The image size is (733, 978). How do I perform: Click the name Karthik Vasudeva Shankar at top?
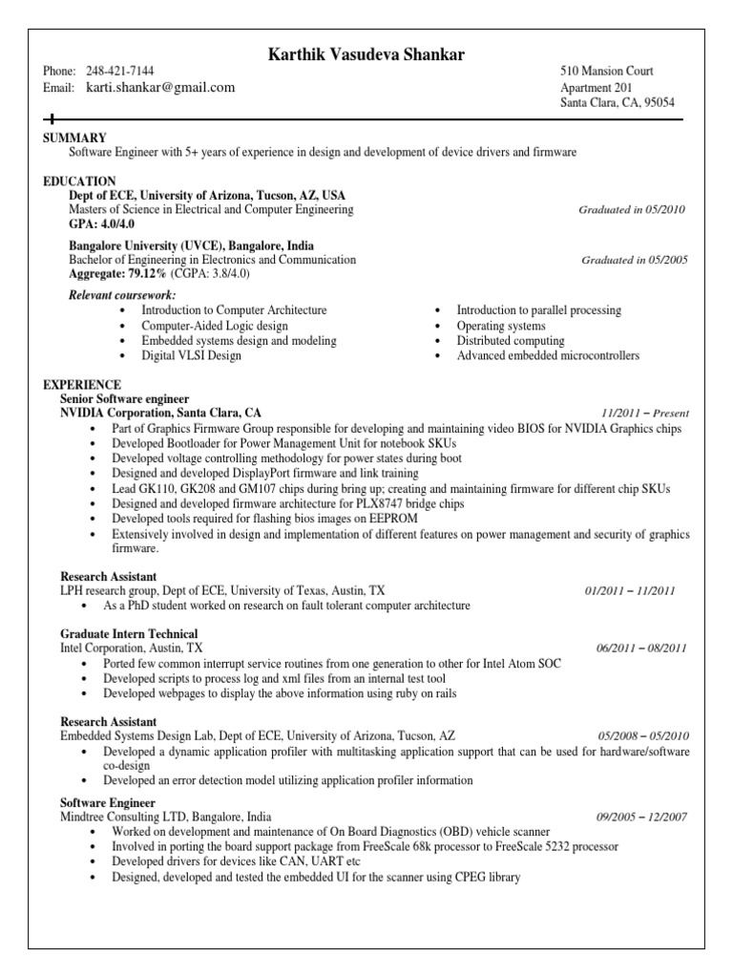pyautogui.click(x=367, y=55)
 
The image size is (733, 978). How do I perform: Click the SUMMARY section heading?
pyautogui.click(x=75, y=138)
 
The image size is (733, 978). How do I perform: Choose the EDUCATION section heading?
pyautogui.click(x=80, y=181)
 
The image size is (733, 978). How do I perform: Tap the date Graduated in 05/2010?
pyautogui.click(x=632, y=210)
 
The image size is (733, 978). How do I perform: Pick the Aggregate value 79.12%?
pyautogui.click(x=144, y=273)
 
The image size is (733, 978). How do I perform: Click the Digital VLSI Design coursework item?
pyautogui.click(x=191, y=356)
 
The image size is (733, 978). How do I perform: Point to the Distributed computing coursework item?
pyautogui.click(x=511, y=341)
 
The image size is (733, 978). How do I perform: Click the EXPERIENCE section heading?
pyautogui.click(x=83, y=384)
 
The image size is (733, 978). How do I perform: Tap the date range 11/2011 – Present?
pyautogui.click(x=645, y=414)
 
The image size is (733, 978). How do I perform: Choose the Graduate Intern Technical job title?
pyautogui.click(x=129, y=634)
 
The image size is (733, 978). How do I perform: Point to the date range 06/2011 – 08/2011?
pyautogui.click(x=641, y=648)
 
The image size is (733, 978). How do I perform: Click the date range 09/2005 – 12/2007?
pyautogui.click(x=641, y=818)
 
